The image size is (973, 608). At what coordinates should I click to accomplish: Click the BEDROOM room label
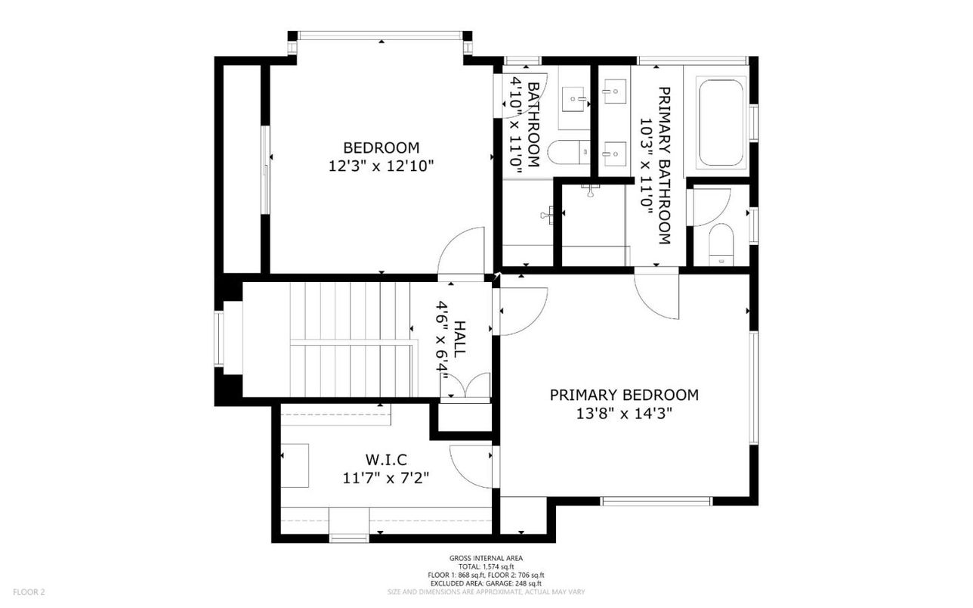(381, 147)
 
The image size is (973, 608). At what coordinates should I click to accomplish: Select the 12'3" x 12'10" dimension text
(381, 166)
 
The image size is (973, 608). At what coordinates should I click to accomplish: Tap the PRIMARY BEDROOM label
(624, 395)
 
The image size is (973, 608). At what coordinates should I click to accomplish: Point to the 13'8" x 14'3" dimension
(624, 414)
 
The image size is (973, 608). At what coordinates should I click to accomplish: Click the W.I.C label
(385, 459)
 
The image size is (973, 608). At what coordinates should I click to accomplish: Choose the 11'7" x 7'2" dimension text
(385, 478)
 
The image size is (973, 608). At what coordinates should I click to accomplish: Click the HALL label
(460, 340)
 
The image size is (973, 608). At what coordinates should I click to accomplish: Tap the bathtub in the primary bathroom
(722, 122)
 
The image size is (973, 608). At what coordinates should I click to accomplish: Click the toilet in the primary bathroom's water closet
(721, 244)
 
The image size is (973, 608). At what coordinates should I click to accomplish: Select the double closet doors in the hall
(466, 386)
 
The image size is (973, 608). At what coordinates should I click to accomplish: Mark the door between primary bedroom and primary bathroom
(657, 295)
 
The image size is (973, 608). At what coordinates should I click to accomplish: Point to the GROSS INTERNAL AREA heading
(486, 558)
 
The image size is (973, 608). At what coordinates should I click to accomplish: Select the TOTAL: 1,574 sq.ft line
(486, 566)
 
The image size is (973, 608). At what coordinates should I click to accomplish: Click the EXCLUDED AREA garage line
(486, 583)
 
